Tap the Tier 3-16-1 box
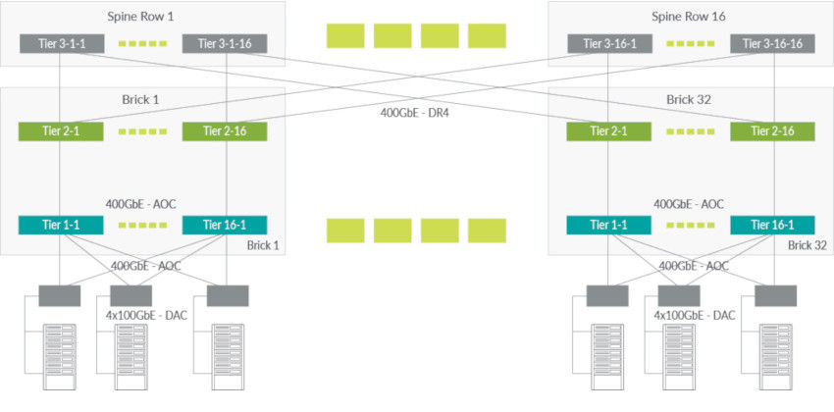point(609,44)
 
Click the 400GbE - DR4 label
point(414,112)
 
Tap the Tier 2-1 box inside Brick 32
point(609,131)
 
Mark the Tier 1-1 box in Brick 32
point(609,226)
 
